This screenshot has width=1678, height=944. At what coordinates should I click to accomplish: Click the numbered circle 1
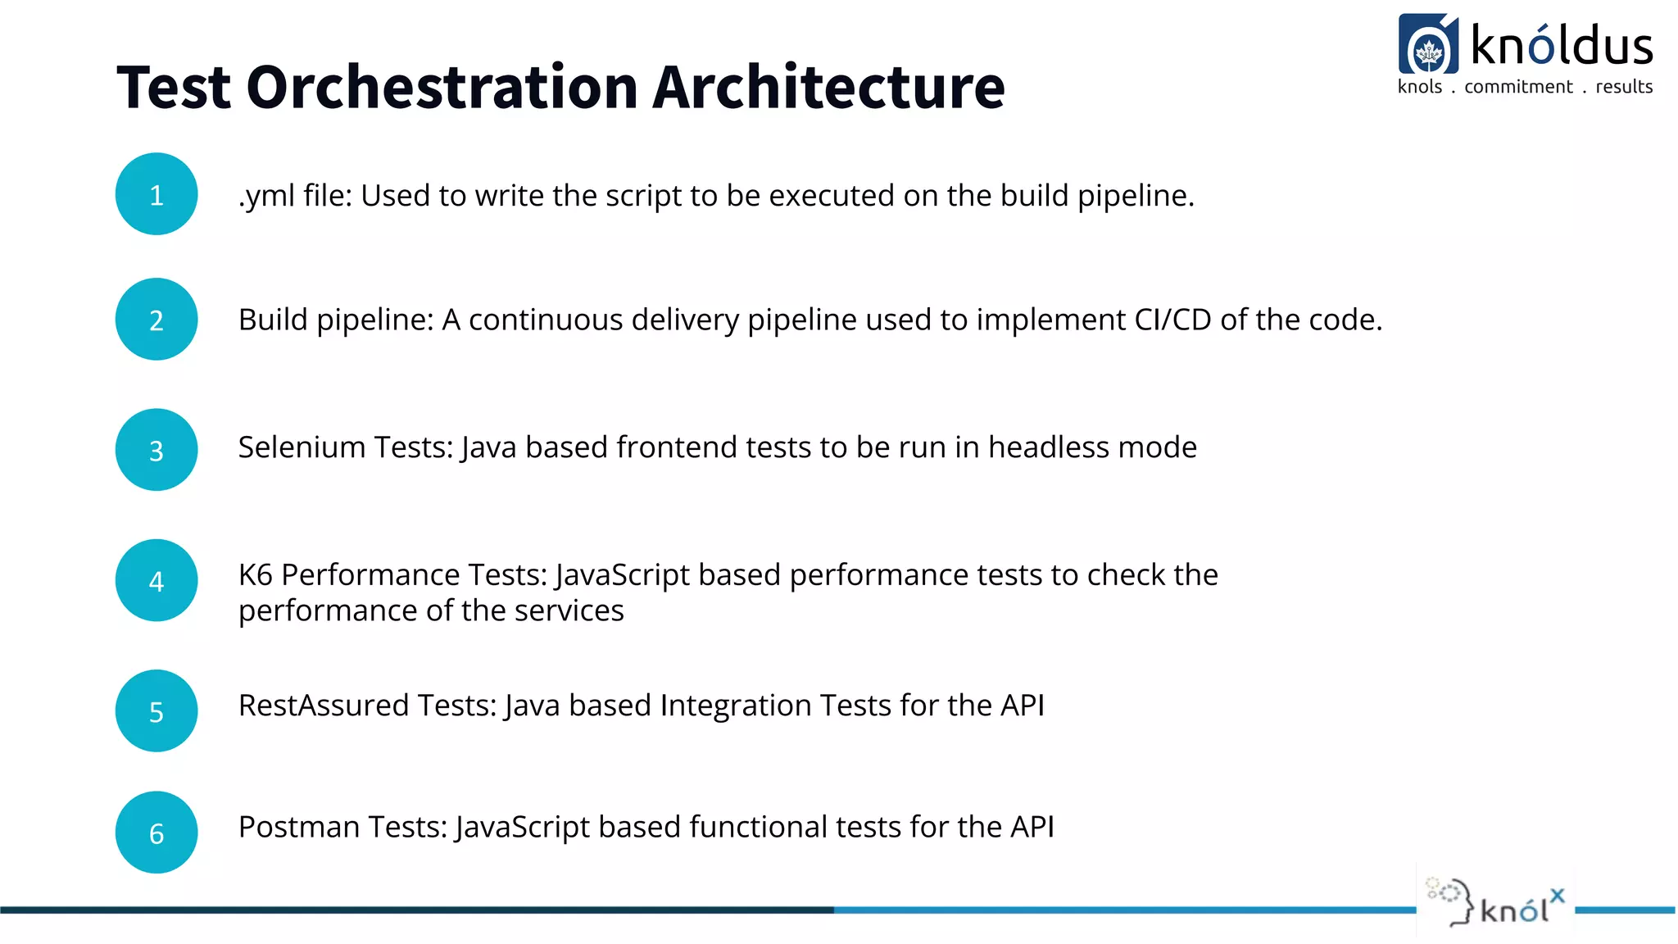coord(156,194)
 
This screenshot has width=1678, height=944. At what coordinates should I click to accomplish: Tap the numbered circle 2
coord(156,320)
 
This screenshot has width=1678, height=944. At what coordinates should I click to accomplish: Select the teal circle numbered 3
coord(156,450)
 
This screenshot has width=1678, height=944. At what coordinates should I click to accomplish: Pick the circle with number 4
coord(156,580)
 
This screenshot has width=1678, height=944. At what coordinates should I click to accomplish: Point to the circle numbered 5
coord(156,711)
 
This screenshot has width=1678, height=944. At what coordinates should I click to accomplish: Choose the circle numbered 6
coord(156,833)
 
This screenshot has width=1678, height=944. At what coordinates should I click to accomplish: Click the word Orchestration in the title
coord(442,88)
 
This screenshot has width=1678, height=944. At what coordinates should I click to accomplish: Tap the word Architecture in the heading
coord(828,88)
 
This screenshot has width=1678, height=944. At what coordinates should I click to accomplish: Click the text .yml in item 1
coord(266,197)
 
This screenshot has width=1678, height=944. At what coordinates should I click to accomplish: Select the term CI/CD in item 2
coord(1172,320)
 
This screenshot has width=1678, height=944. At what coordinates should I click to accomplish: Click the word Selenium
coord(302,447)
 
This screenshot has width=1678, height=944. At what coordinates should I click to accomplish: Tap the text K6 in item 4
coord(255,575)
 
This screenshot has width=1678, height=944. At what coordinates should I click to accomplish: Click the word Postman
coord(299,827)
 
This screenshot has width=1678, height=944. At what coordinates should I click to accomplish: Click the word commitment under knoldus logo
coord(1518,87)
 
